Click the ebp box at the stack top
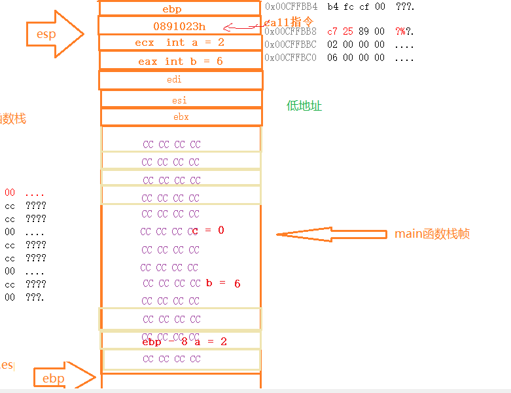pos(181,9)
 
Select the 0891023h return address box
pos(179,26)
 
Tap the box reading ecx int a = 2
pos(180,43)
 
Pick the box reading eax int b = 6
pos(180,61)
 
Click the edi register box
pos(181,80)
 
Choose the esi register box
pos(180,100)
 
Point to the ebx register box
pos(181,117)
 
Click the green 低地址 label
pos(304,106)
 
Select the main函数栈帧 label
pos(432,234)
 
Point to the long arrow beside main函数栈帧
pos(330,234)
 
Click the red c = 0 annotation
pos(209,230)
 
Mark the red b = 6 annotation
pos(223,284)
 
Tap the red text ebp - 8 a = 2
pos(185,342)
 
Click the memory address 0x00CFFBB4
pos(291,7)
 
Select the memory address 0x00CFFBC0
pos(291,58)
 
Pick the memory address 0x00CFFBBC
pos(291,45)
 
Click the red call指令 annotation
pos(289,22)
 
